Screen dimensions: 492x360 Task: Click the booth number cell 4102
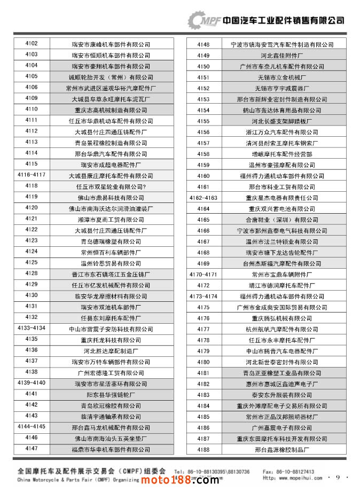pos(31,44)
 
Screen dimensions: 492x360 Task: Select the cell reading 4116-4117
pos(31,175)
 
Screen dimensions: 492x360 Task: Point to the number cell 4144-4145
pos(31,427)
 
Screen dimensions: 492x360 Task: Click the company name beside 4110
pos(111,110)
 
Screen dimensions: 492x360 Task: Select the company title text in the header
pos(283,20)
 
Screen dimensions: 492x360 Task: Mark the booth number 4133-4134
pos(31,328)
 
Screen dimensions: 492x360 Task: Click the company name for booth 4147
pos(111,449)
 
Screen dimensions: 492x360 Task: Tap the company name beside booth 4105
pos(111,77)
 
